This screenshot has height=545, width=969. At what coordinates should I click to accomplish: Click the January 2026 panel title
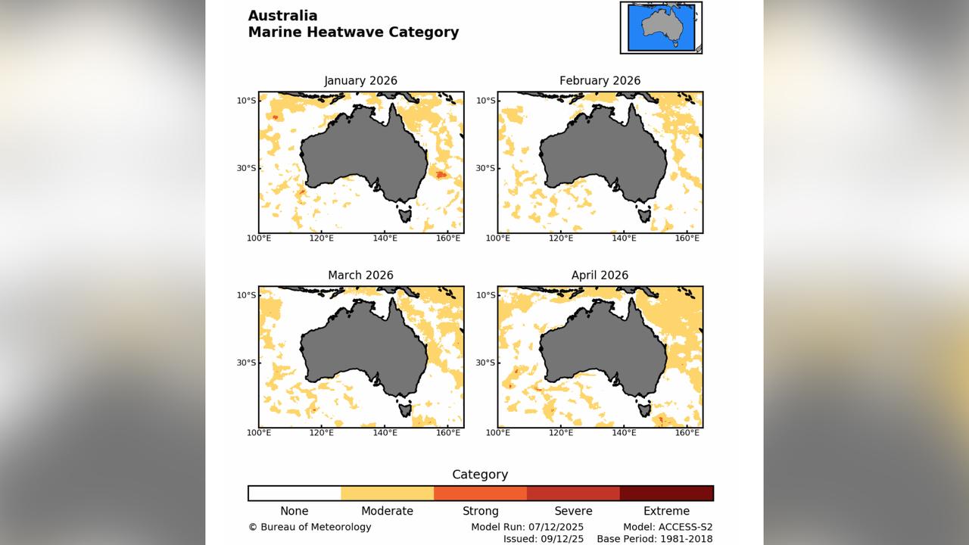(x=360, y=80)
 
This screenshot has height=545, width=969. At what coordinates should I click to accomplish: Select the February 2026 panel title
(x=600, y=80)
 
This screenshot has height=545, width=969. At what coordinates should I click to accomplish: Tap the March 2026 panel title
(x=360, y=275)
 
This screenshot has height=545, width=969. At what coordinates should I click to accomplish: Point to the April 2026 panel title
(x=600, y=275)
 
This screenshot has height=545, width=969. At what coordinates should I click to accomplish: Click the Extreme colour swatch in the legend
(x=666, y=494)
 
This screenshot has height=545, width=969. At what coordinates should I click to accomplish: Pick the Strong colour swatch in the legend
(x=480, y=494)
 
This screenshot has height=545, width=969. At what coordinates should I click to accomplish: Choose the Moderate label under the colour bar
(x=387, y=511)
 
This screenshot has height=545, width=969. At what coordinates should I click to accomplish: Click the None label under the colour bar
(x=294, y=511)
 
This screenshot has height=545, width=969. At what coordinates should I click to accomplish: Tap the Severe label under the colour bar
(x=573, y=511)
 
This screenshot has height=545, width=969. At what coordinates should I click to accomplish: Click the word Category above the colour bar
(x=480, y=475)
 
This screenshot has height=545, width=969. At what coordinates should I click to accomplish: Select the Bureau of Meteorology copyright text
(x=310, y=527)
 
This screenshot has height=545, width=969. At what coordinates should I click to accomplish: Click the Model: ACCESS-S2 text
(x=668, y=527)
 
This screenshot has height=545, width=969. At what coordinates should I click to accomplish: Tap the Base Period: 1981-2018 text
(x=655, y=539)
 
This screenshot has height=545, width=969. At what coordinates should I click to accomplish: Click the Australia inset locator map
(x=661, y=27)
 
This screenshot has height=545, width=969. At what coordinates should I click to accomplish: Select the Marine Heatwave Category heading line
(x=353, y=32)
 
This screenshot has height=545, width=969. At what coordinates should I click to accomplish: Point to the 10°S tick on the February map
(x=486, y=100)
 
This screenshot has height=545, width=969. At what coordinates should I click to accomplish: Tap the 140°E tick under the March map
(x=385, y=432)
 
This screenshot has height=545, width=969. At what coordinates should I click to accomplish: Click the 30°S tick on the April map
(x=486, y=363)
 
